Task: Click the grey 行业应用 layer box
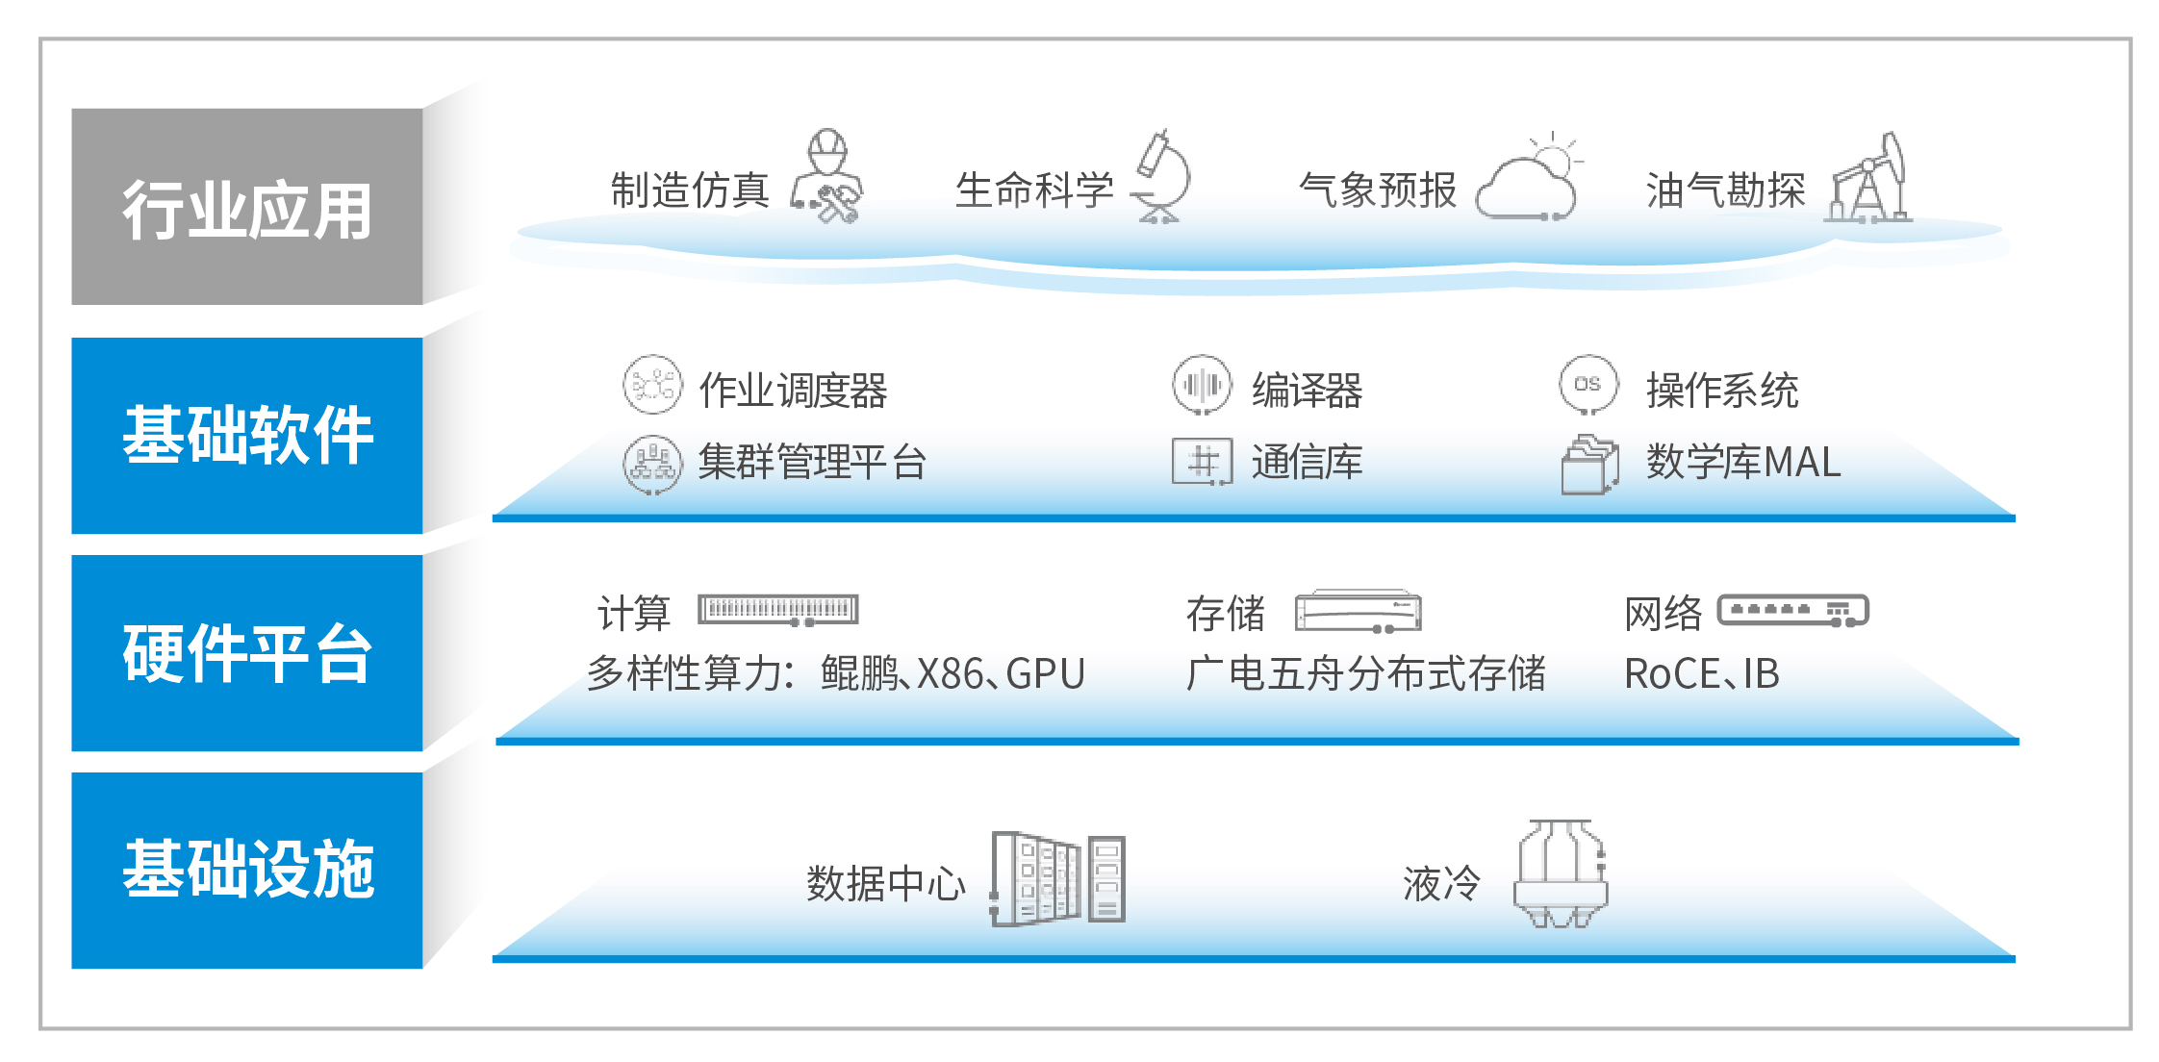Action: click(247, 207)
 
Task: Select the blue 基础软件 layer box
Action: click(247, 436)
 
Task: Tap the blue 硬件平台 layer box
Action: click(247, 653)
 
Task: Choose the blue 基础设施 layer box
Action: click(247, 871)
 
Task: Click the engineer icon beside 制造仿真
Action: click(826, 177)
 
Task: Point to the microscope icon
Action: click(1161, 176)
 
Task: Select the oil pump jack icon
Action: click(1869, 178)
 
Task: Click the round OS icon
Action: click(1588, 385)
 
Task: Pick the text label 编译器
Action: click(1307, 391)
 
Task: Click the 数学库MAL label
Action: click(1743, 463)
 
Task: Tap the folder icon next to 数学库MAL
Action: click(1589, 466)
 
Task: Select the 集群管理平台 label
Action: click(812, 463)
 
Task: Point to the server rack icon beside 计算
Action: click(777, 610)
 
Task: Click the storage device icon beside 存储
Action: click(1358, 611)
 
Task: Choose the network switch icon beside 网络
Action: click(1793, 611)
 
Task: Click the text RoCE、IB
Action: click(1701, 674)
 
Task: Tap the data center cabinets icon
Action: click(1057, 878)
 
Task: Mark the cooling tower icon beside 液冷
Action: click(1560, 873)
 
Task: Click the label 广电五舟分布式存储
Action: click(1366, 673)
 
